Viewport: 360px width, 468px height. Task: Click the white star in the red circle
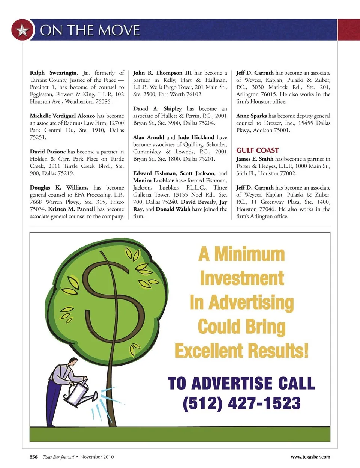tap(22, 30)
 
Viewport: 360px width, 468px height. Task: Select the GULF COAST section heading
tap(257, 150)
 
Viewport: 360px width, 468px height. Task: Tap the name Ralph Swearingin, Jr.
tap(60, 73)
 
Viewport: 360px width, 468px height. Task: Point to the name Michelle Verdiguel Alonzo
tap(62, 116)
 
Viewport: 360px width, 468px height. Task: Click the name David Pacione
tap(48, 152)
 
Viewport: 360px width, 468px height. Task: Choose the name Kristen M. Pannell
tap(72, 209)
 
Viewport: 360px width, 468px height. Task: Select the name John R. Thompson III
tap(162, 73)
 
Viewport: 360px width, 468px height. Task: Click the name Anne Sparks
tap(251, 116)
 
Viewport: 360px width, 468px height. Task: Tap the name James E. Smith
tap(255, 159)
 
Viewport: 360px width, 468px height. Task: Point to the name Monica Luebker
tap(153, 181)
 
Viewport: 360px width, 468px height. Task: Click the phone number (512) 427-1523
tap(241, 403)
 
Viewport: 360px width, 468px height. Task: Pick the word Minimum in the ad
tap(249, 254)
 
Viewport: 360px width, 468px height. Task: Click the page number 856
tap(33, 457)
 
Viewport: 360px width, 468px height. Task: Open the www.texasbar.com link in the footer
tap(310, 457)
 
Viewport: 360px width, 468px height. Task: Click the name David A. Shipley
tap(157, 108)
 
